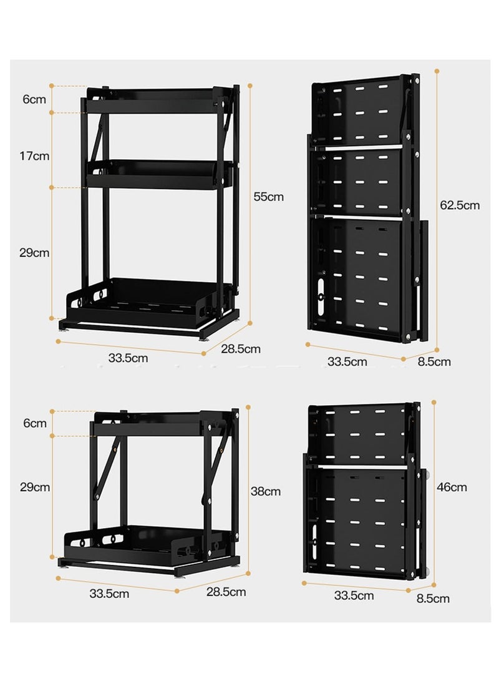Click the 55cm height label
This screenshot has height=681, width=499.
pyautogui.click(x=269, y=197)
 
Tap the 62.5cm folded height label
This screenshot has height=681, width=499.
pyautogui.click(x=460, y=205)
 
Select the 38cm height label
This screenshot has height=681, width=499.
pyautogui.click(x=266, y=491)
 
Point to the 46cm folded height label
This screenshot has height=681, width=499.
pyautogui.click(x=452, y=487)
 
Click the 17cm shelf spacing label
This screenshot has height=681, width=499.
pyautogui.click(x=34, y=156)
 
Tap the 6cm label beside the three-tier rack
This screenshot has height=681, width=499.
pyautogui.click(x=34, y=99)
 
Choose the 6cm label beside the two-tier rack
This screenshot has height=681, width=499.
pyautogui.click(x=35, y=423)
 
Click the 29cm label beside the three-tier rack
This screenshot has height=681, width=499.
pyautogui.click(x=34, y=253)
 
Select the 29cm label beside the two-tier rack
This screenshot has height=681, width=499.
pyautogui.click(x=35, y=487)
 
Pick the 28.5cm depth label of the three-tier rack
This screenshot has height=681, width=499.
pyautogui.click(x=241, y=349)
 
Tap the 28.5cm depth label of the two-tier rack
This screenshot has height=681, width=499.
pyautogui.click(x=226, y=592)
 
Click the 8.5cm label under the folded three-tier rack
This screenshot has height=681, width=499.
pyautogui.click(x=434, y=362)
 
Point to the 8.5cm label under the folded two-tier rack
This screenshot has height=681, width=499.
pyautogui.click(x=433, y=599)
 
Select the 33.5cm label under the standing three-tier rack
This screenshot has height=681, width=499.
pyautogui.click(x=128, y=358)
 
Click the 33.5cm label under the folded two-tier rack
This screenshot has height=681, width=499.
pyautogui.click(x=354, y=595)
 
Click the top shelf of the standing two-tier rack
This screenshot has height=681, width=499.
pyautogui.click(x=160, y=423)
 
